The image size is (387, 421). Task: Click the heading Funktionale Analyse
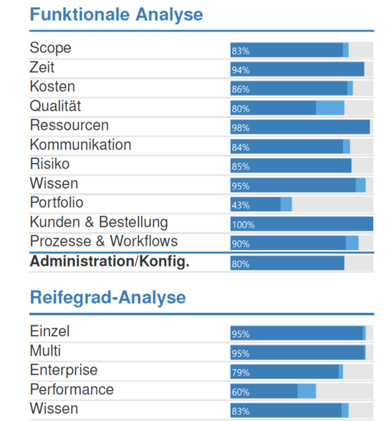[116, 15]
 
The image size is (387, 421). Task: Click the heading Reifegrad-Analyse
[108, 298]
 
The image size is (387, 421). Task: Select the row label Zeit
[42, 67]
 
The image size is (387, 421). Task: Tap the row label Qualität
[55, 106]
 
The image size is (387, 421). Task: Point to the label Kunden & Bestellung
[99, 222]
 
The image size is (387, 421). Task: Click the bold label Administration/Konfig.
[109, 262]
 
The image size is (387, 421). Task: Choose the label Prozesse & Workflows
[104, 241]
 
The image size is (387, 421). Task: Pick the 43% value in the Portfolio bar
[240, 206]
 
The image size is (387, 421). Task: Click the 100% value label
[243, 225]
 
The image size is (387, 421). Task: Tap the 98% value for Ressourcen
[240, 128]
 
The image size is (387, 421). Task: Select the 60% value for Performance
[240, 392]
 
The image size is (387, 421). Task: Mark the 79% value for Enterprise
[240, 373]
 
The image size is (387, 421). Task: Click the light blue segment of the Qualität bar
[330, 108]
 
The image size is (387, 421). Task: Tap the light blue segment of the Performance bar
[307, 392]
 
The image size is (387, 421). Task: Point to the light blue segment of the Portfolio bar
[286, 204]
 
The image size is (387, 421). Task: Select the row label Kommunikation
[81, 145]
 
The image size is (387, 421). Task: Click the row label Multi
[46, 351]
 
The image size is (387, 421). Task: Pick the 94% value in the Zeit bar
[240, 70]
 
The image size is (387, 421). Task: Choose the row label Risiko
[50, 163]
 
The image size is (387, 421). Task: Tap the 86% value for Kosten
[240, 89]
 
